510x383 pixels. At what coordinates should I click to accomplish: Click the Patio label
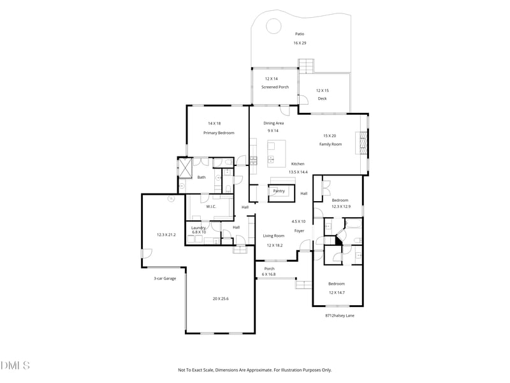[x=299, y=34]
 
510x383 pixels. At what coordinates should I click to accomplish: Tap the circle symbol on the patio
[x=273, y=26]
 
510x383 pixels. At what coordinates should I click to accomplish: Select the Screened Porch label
[x=275, y=87]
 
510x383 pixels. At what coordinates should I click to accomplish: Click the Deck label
[x=322, y=98]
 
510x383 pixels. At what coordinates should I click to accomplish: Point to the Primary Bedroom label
[x=219, y=133]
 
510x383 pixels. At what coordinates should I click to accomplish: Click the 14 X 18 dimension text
[x=214, y=123]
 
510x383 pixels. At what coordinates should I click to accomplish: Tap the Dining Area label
[x=273, y=123]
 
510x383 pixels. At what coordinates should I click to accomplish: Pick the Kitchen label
[x=298, y=164]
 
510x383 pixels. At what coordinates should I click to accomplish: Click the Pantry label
[x=279, y=191]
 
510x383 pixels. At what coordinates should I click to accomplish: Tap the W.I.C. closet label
[x=212, y=206]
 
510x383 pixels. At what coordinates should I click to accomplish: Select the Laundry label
[x=198, y=227]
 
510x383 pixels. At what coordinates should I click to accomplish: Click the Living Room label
[x=274, y=236]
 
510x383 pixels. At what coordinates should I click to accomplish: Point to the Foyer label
[x=299, y=230]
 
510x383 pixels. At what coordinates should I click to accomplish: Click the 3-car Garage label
[x=164, y=278]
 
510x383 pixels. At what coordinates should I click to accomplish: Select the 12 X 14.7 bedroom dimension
[x=336, y=292]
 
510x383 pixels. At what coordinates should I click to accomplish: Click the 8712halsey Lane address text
[x=340, y=315]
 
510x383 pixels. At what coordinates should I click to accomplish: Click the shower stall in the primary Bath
[x=185, y=167]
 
